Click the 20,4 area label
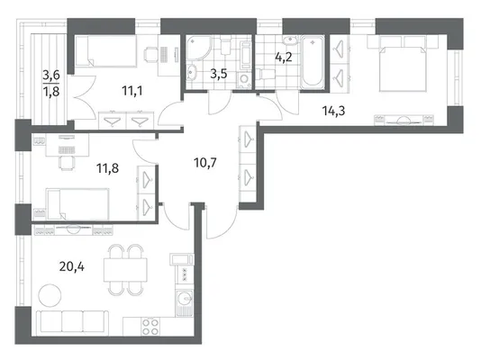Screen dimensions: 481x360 tap(72, 267)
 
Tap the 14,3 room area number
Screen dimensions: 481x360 tap(333, 111)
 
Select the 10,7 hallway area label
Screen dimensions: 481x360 tap(205, 162)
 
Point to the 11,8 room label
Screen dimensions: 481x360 tap(108, 168)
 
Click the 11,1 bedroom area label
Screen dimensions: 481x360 tap(132, 91)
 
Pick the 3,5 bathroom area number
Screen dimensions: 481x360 tap(219, 74)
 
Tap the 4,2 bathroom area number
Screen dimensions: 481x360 tap(284, 57)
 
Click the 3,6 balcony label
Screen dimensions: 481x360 tap(51, 75)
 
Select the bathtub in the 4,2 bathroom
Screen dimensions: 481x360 tap(313, 62)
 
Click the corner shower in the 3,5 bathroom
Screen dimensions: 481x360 tap(199, 48)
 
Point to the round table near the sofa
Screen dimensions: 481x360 tap(50, 295)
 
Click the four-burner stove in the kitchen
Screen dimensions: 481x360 tap(150, 327)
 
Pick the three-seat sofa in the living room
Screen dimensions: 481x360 tap(72, 322)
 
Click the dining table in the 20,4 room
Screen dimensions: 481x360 tap(125, 270)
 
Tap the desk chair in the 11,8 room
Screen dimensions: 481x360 tap(67, 162)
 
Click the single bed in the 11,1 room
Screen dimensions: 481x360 tap(105, 51)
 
